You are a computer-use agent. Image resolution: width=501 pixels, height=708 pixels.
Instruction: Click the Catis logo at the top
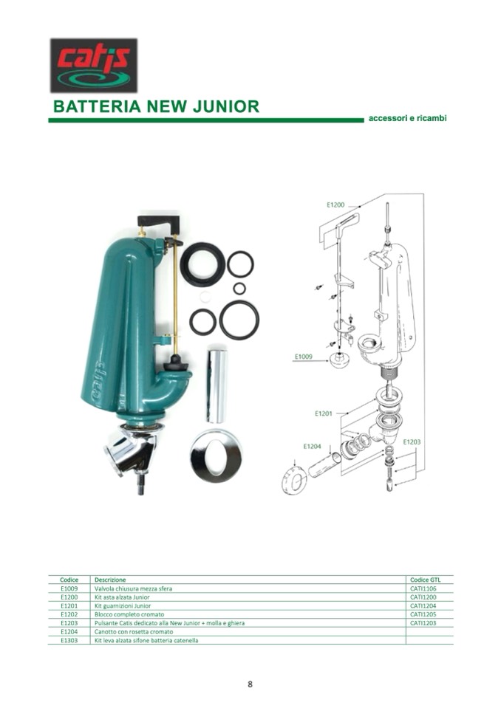pos(94,66)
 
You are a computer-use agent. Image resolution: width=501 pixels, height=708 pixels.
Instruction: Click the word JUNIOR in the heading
pos(226,106)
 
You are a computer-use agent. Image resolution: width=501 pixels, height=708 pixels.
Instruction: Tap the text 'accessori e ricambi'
pos(407,118)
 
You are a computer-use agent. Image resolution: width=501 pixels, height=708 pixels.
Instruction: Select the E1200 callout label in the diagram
pos(335,205)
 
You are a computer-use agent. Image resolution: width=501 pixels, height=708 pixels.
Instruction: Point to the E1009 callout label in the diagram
pos(304,357)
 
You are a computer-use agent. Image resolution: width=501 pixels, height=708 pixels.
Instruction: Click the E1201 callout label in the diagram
pos(324,413)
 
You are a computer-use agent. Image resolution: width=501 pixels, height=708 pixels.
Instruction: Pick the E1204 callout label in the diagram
pos(312,446)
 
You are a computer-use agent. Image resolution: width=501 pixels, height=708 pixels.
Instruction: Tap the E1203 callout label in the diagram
pos(412,441)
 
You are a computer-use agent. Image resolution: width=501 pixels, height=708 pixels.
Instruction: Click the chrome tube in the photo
pos(217,385)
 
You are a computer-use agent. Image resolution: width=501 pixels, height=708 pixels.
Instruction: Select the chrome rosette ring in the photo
pos(217,456)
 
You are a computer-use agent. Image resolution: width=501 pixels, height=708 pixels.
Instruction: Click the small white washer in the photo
pos(205,297)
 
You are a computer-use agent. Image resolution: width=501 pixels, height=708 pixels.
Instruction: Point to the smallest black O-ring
pos(239,288)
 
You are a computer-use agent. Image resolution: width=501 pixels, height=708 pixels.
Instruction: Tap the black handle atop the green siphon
pos(158,223)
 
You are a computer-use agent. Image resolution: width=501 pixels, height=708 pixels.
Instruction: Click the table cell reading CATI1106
pos(423,588)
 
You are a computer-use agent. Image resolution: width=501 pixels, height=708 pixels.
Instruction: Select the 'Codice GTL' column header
pos(425,580)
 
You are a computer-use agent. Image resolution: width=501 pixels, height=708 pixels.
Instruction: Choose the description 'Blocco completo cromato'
pos(129,614)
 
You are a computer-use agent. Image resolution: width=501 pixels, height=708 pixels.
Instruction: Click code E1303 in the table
pos(69,640)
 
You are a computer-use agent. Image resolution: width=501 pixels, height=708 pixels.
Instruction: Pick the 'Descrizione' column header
pos(110,580)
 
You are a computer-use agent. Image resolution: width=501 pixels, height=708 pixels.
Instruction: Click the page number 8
pos(250,684)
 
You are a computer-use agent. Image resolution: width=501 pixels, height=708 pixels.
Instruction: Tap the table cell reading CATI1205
pos(423,614)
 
